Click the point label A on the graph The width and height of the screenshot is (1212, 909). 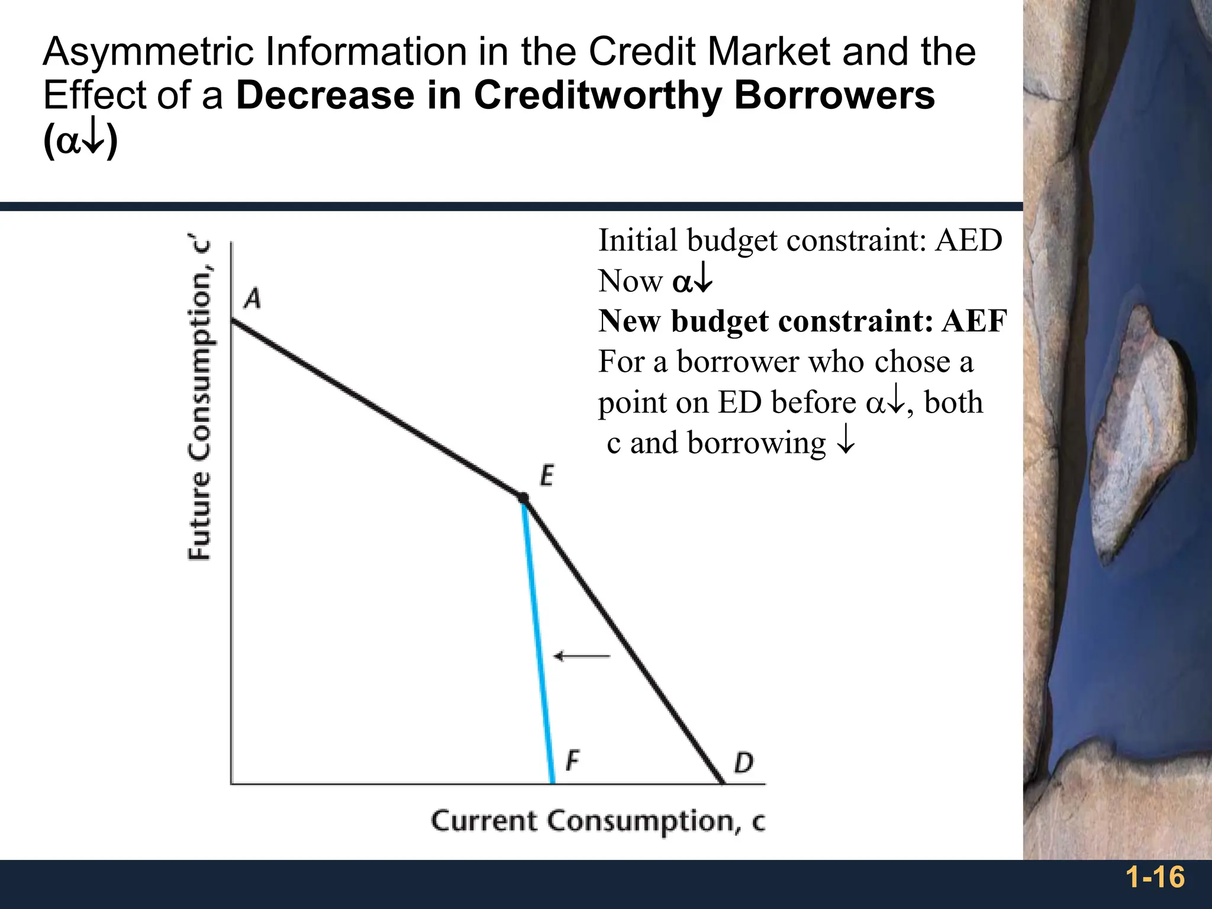[x=253, y=298]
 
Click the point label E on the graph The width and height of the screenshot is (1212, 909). [x=547, y=476]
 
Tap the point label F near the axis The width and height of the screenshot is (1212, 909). [x=572, y=760]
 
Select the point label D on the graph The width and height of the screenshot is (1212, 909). [x=743, y=763]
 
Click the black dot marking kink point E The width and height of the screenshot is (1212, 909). [x=523, y=498]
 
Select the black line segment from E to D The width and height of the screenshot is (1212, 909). [x=621, y=639]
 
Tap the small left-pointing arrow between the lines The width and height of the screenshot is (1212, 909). [x=581, y=656]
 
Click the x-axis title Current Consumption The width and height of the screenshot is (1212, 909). [x=598, y=821]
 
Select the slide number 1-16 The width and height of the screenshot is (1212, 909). [x=1155, y=876]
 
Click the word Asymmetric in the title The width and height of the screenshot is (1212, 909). [x=149, y=51]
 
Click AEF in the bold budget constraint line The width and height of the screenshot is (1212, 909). [x=974, y=321]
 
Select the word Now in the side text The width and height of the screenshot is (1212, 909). [x=630, y=281]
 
